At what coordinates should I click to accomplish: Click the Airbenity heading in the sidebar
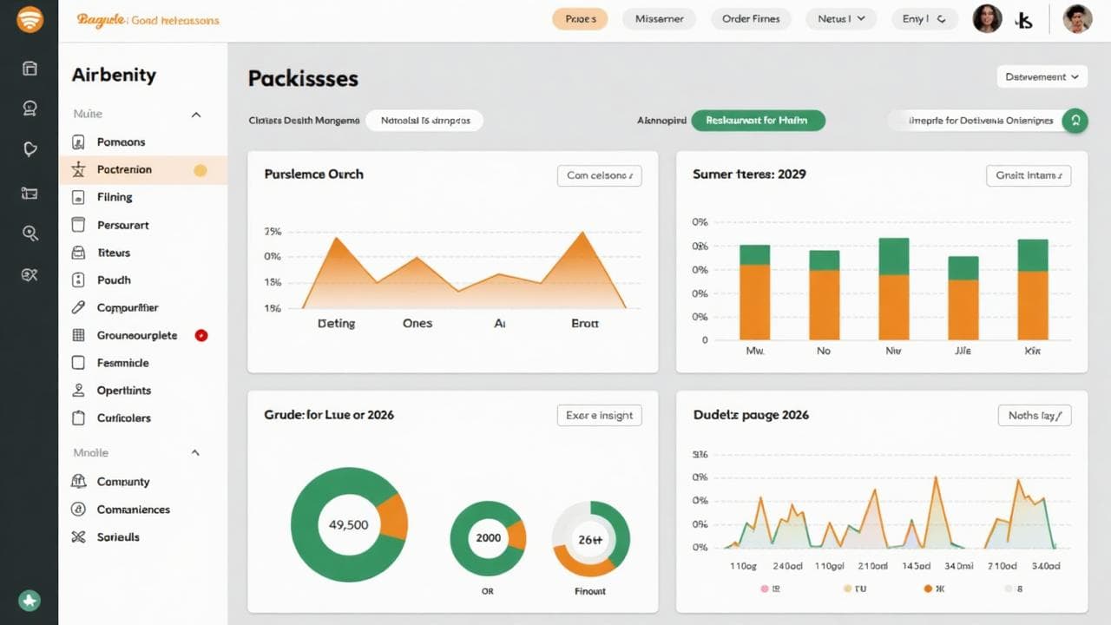[x=114, y=76]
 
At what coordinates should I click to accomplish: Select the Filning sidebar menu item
[x=115, y=197]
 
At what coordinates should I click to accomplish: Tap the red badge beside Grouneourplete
[x=201, y=335]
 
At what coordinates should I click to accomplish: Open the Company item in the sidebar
[x=123, y=482]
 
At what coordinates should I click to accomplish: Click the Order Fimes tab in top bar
[x=751, y=19]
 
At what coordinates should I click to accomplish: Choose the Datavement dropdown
[x=1042, y=77]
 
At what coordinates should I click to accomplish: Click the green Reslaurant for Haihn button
[x=758, y=121]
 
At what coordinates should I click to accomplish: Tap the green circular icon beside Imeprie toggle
[x=1075, y=121]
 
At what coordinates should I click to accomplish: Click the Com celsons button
[x=599, y=175]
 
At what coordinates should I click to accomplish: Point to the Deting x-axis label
[x=336, y=323]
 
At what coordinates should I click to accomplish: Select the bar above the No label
[x=824, y=295]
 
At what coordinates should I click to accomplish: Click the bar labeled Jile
[x=963, y=298]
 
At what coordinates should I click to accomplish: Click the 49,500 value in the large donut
[x=349, y=525]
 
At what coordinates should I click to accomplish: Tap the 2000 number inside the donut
[x=489, y=538]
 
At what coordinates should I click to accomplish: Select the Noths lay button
[x=1035, y=416]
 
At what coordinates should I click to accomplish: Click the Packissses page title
[x=303, y=79]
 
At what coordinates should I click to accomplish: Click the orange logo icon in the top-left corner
[x=30, y=19]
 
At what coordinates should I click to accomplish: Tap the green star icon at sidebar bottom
[x=30, y=600]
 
